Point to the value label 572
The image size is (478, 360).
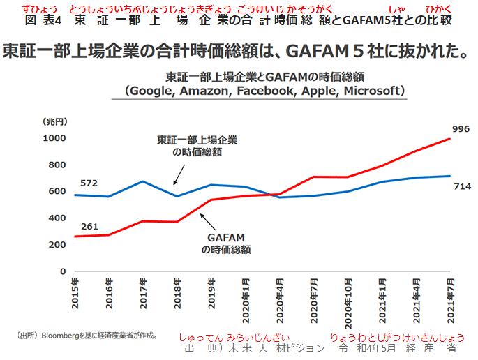pyautogui.click(x=89, y=183)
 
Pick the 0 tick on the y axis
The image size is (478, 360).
pyautogui.click(x=63, y=271)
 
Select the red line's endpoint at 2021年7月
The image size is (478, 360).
pyautogui.click(x=449, y=138)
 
